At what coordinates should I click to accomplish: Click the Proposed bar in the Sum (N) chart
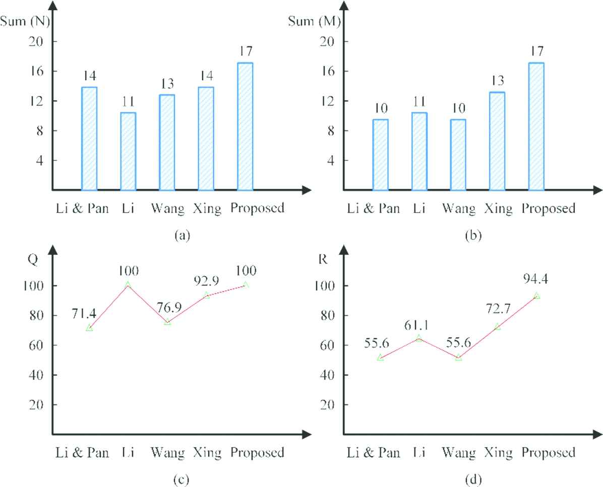(245, 127)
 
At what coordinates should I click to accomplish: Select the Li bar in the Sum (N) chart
(128, 151)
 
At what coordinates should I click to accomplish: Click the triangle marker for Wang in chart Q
(167, 321)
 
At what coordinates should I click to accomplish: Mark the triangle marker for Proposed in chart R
(537, 296)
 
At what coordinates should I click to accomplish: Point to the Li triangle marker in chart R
(419, 338)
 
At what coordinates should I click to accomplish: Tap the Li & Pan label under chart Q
(82, 452)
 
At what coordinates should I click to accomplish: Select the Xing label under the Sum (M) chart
(498, 208)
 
